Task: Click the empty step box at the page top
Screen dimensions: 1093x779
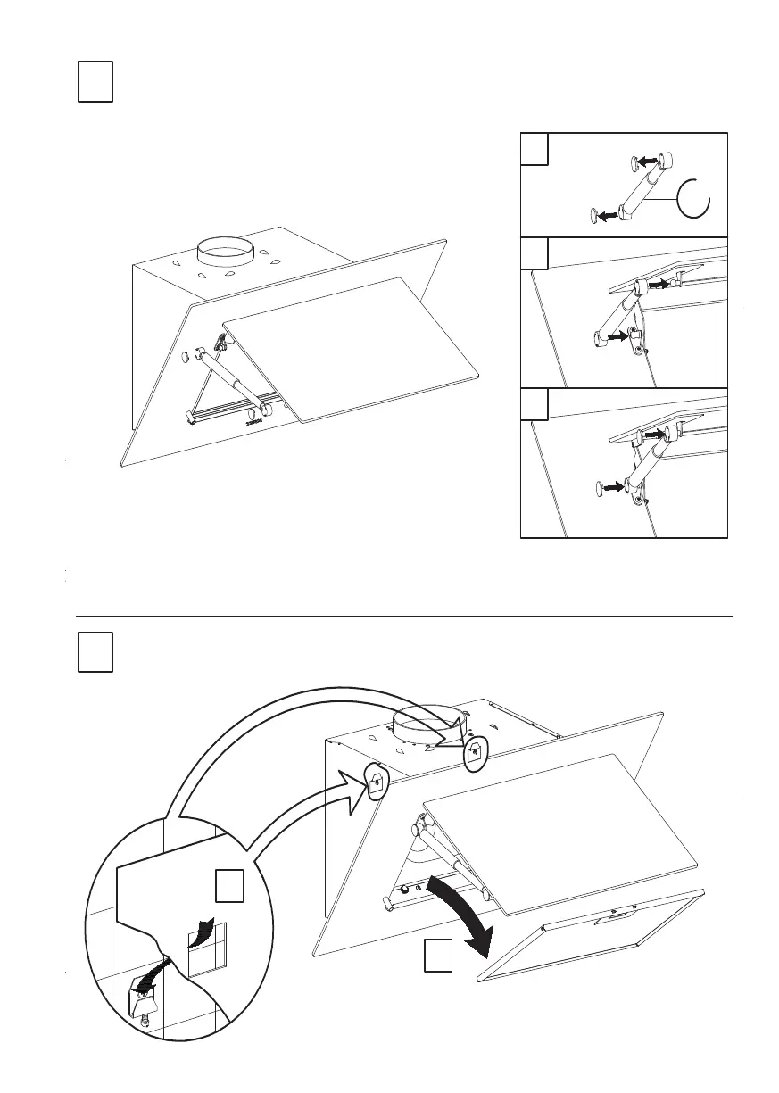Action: point(95,82)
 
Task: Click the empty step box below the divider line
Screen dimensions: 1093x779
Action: point(95,652)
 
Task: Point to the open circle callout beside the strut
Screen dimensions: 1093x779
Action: point(694,198)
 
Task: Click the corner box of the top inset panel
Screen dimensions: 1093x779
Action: point(534,149)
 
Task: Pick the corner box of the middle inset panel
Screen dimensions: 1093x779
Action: point(534,255)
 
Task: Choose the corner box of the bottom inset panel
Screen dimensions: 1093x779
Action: point(534,405)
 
